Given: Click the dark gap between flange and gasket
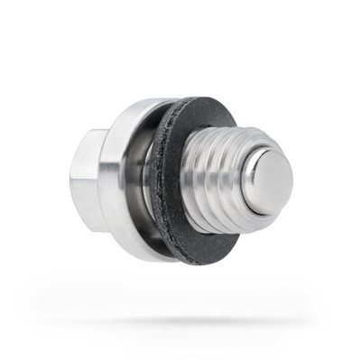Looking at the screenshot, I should tap(147, 180).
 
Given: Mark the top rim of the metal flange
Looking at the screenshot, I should tap(135, 105).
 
